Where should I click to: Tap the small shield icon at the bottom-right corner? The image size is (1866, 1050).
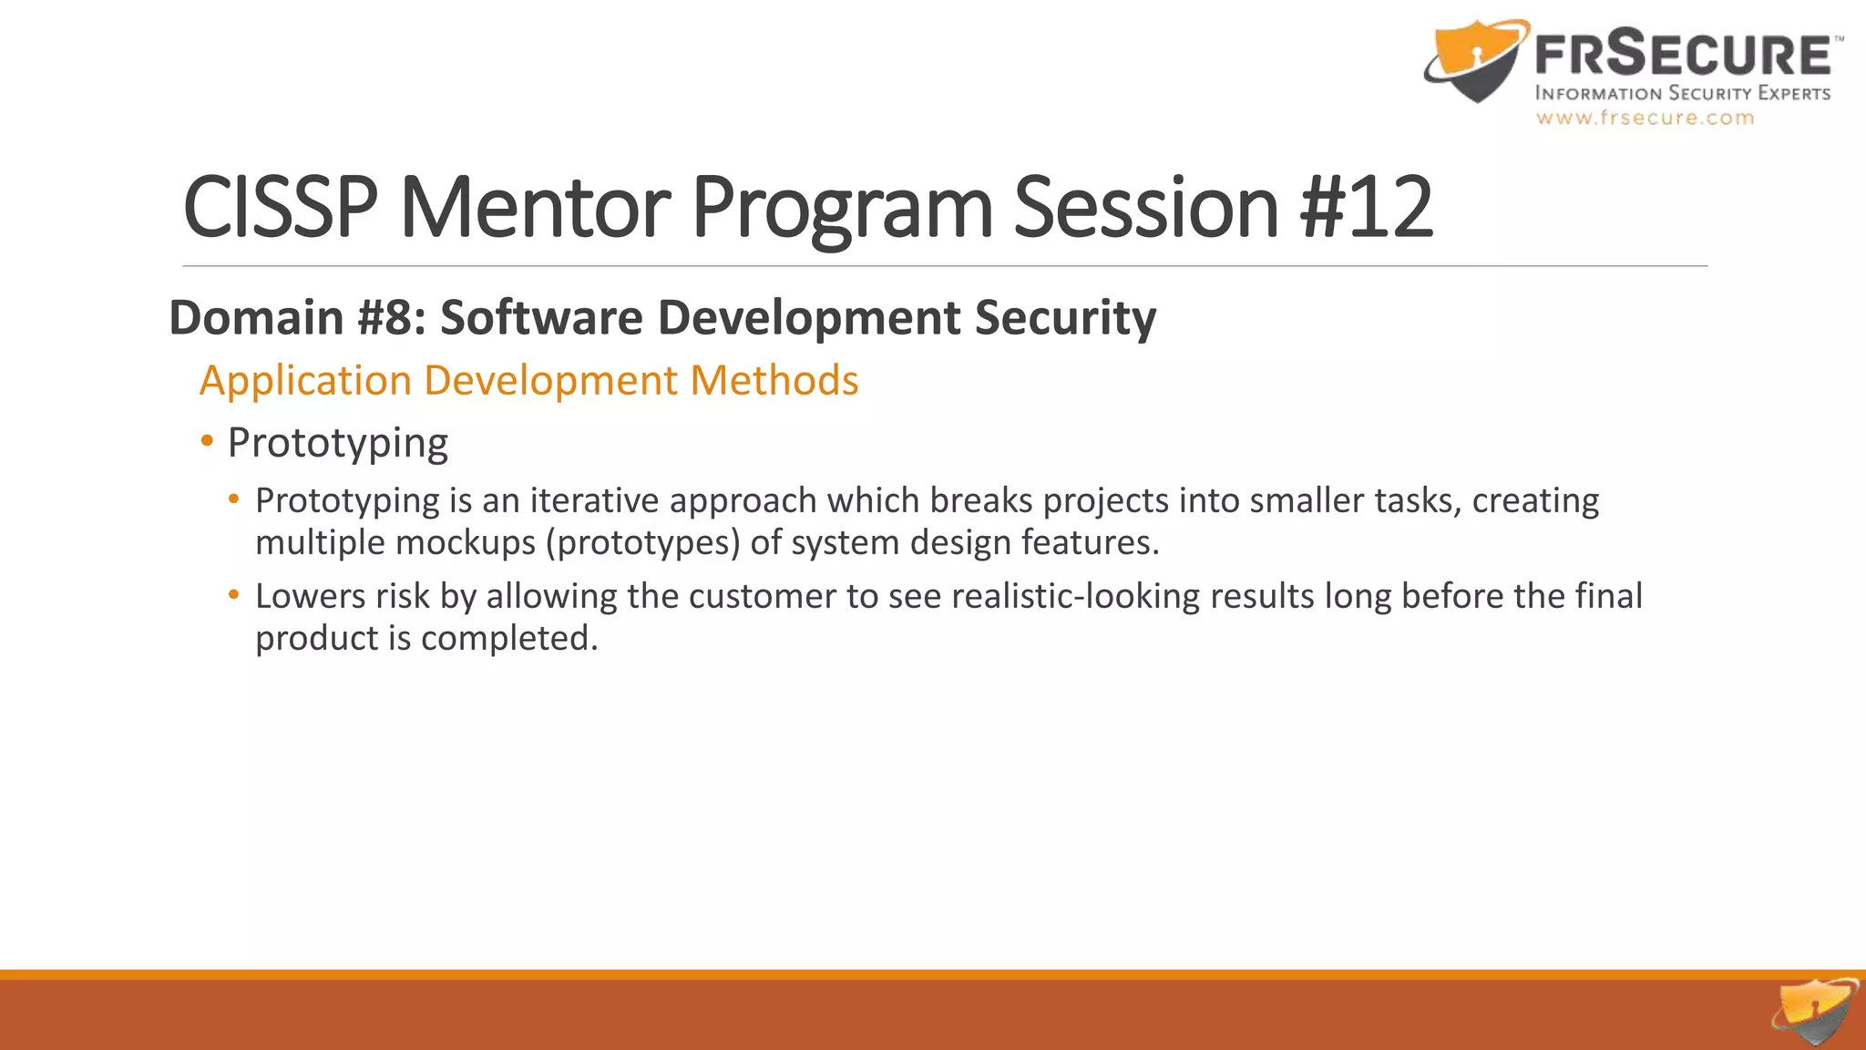pos(1816,1012)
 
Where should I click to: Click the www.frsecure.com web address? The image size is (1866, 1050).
pos(1645,118)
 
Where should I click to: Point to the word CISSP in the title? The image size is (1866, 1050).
pos(280,208)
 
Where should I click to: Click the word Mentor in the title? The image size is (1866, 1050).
pos(535,208)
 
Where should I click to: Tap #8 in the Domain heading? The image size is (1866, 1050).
pos(392,317)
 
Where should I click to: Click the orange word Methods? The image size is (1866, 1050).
pos(774,380)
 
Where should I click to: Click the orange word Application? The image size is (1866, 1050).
pos(305,380)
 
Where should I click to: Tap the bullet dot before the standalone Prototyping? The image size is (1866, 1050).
pos(208,442)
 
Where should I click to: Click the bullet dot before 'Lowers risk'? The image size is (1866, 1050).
pos(234,595)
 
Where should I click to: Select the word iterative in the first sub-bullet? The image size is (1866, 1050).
pos(594,500)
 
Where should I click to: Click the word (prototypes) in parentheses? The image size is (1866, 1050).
pos(643,542)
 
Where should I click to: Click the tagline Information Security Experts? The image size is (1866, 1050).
pos(1682,93)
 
